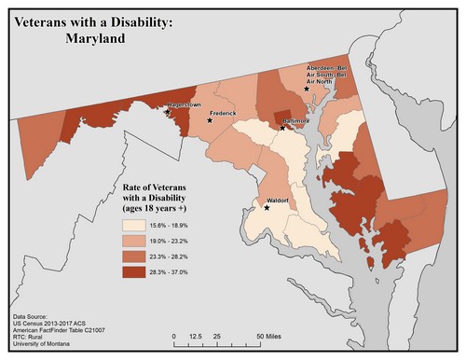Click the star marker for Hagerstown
(167, 112)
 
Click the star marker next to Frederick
(211, 120)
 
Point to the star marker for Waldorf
(267, 208)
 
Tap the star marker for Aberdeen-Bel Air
(306, 88)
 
